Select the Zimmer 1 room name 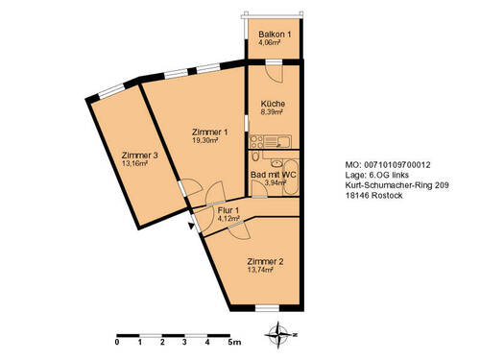(x=210, y=132)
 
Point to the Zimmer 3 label (x=140, y=154)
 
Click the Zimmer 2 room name (x=265, y=262)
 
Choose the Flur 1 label (x=228, y=209)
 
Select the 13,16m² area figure (x=136, y=163)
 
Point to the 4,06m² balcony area (x=270, y=43)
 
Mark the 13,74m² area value (x=261, y=272)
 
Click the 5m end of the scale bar (x=232, y=342)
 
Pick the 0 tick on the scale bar (x=117, y=342)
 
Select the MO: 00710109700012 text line (x=386, y=164)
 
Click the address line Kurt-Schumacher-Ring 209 (x=396, y=187)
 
